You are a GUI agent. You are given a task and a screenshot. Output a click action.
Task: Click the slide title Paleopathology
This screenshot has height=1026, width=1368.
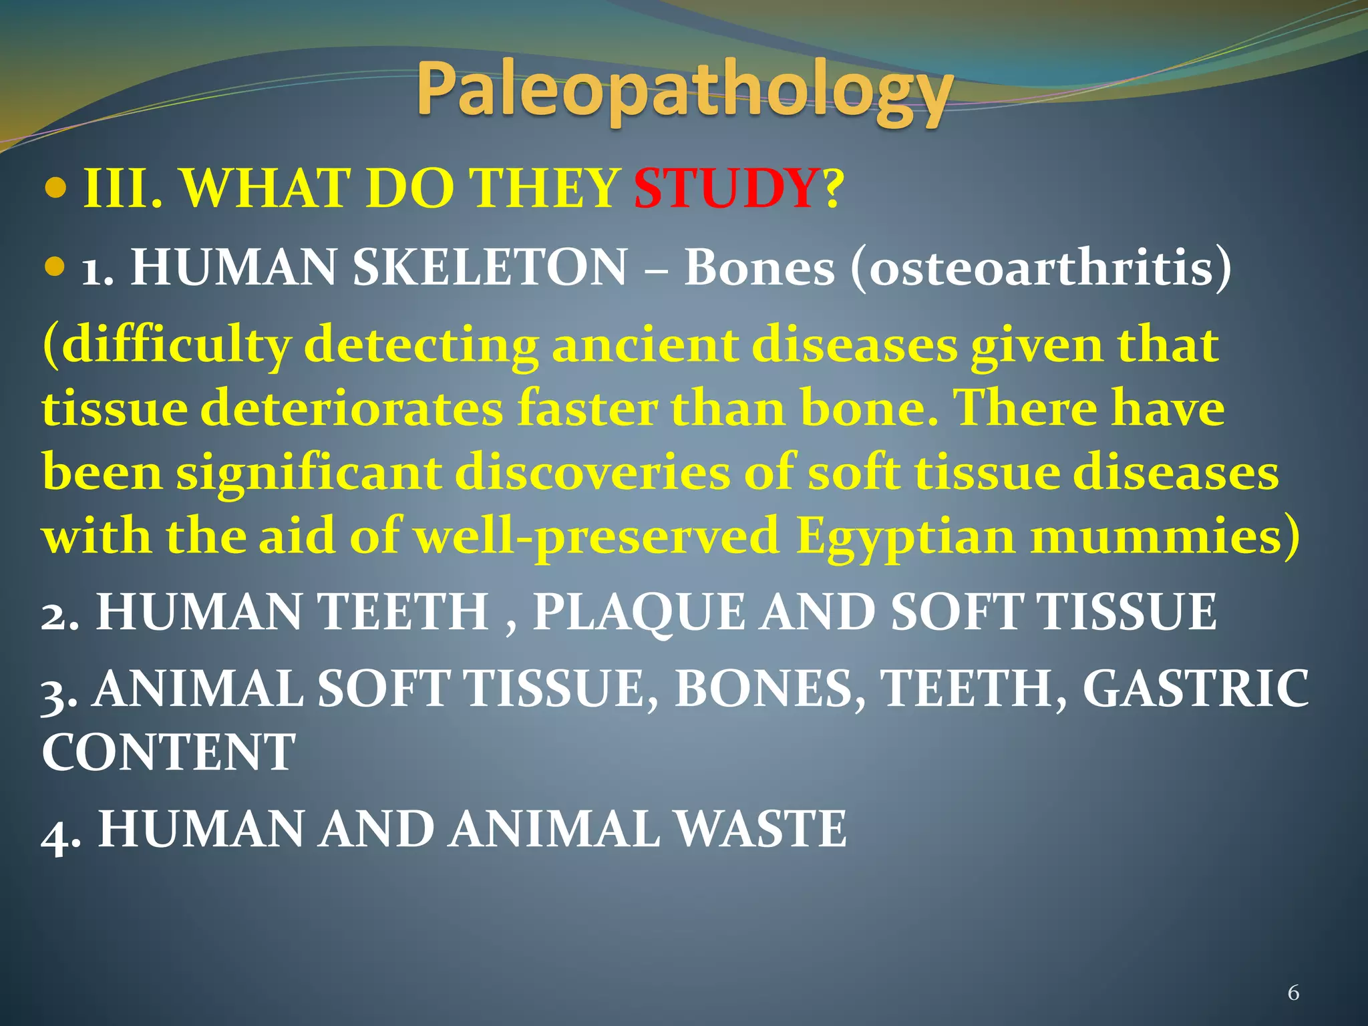pos(684,94)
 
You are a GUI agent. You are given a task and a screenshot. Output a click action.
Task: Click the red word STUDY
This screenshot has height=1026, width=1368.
pos(725,189)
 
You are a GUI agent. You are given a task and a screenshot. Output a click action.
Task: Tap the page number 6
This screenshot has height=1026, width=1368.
pos(1293,993)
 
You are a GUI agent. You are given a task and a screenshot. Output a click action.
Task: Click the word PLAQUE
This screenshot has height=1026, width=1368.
pos(639,612)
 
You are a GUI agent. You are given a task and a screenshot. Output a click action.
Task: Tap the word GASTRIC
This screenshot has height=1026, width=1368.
pos(1195,689)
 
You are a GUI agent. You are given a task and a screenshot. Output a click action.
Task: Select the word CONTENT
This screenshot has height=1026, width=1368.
pos(168,752)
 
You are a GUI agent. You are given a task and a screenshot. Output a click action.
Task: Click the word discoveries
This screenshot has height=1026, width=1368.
pos(592,473)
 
